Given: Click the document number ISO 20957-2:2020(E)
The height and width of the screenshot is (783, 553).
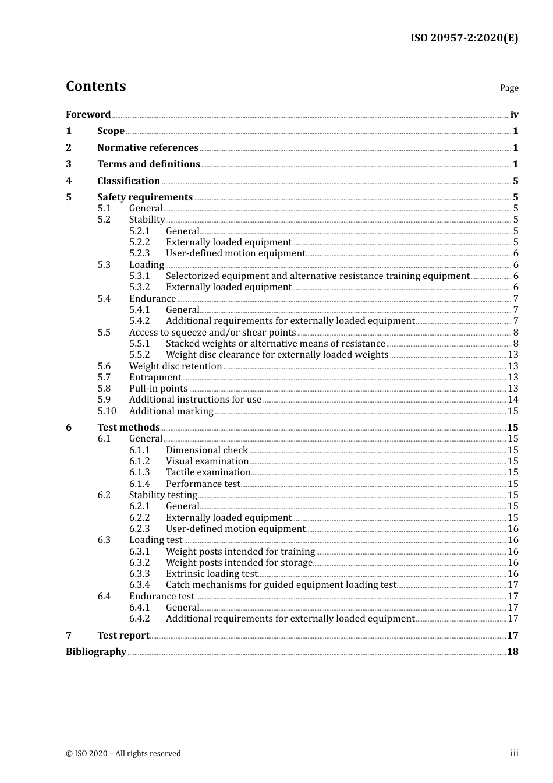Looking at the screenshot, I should (464, 38).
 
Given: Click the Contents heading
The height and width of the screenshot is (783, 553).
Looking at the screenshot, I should (95, 86).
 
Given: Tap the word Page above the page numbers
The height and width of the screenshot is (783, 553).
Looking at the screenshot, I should (509, 88).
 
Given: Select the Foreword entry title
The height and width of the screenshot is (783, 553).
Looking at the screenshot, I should (88, 115).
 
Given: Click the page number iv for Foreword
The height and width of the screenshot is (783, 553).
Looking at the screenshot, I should (514, 115).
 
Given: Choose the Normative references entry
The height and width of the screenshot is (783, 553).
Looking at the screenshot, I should (148, 148).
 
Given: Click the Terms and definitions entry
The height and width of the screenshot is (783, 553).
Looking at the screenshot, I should (148, 164).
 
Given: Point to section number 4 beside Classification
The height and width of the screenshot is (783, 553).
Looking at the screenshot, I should (69, 181).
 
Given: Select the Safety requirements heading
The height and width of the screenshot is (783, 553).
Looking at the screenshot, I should (145, 197).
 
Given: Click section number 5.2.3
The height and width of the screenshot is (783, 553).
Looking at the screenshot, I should (139, 253).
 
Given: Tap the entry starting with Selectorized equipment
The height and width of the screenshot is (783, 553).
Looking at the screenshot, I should (317, 276).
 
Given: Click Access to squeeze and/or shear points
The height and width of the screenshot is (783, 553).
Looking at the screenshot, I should (212, 333).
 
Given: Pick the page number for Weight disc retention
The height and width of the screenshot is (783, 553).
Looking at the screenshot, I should (513, 366).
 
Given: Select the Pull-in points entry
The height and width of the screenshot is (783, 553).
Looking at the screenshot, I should (158, 389).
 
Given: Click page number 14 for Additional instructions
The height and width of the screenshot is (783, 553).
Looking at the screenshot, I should (513, 400).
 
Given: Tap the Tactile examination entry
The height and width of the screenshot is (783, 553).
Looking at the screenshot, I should (208, 472).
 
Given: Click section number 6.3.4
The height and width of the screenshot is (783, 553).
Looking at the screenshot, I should (139, 585).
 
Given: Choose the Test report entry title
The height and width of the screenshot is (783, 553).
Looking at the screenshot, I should (123, 636).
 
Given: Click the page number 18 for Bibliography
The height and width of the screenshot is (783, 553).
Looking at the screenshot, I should (512, 652).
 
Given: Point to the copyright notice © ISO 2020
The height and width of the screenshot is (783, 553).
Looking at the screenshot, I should (123, 754).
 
